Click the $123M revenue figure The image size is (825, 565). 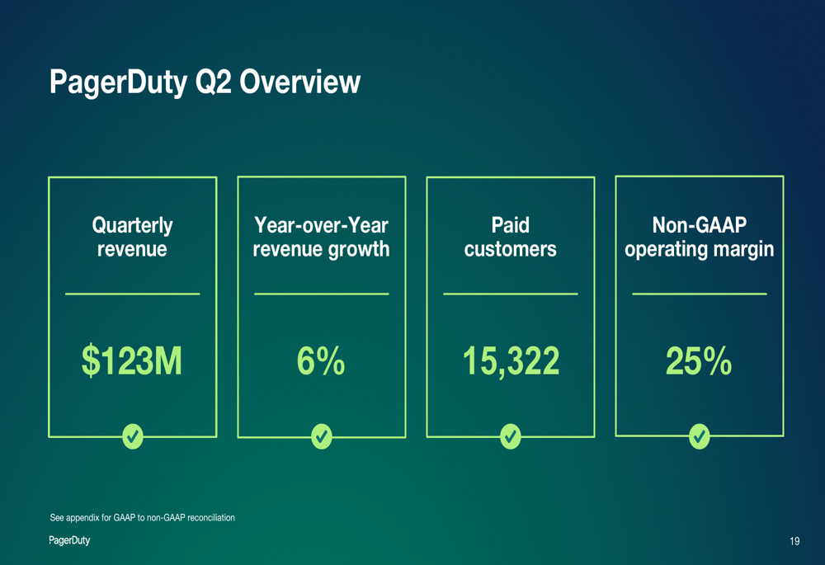click(x=132, y=361)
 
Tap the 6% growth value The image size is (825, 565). click(x=321, y=361)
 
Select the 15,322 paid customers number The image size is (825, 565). click(x=511, y=361)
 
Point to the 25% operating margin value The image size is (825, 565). click(x=699, y=361)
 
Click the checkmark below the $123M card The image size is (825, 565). click(x=133, y=436)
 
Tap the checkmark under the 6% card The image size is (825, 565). click(x=322, y=436)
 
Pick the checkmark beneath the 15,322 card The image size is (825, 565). click(x=511, y=436)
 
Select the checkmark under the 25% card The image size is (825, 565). click(x=700, y=436)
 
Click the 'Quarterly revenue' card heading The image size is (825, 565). click(x=132, y=237)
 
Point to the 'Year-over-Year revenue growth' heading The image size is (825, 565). click(x=321, y=237)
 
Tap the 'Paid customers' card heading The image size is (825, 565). click(x=511, y=237)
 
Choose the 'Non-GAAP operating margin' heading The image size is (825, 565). click(x=700, y=237)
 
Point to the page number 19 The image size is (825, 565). click(x=794, y=542)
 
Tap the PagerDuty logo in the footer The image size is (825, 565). click(x=69, y=540)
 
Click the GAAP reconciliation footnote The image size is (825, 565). click(x=143, y=518)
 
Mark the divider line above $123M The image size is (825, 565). click(x=132, y=294)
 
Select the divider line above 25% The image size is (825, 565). click(x=700, y=294)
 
